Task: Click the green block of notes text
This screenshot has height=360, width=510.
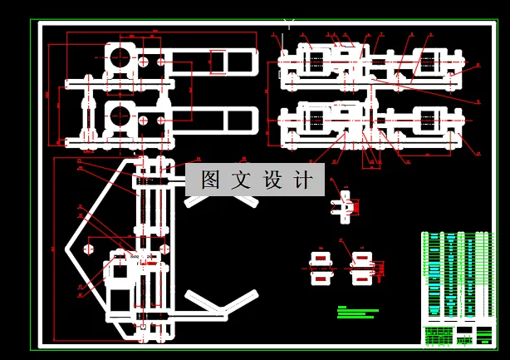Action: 358,312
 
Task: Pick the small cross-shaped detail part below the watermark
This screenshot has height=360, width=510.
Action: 344,205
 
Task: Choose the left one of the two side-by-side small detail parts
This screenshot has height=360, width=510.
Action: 320,268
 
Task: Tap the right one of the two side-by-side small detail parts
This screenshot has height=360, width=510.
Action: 361,268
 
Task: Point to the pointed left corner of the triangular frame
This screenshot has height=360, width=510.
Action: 67,249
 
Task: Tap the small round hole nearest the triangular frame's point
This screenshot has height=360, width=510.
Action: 86,248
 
